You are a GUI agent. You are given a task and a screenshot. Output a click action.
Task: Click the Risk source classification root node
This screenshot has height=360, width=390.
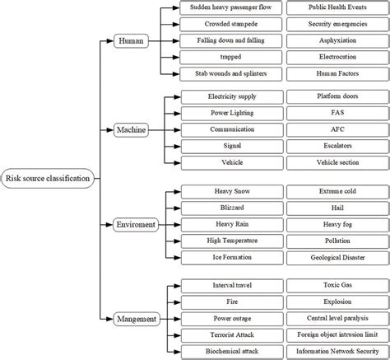48,178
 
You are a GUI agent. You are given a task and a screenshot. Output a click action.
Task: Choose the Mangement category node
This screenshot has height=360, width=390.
137,318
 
